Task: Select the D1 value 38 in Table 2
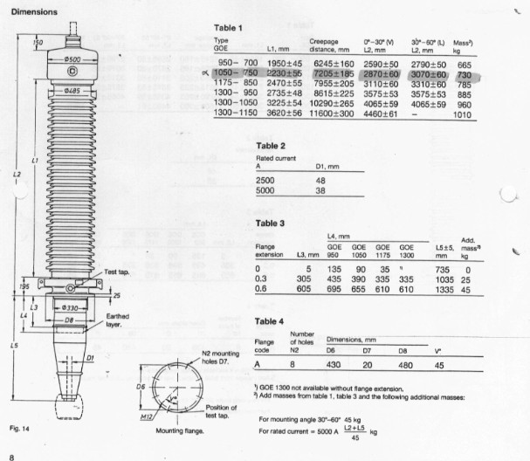pos(320,189)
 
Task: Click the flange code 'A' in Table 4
pos(258,367)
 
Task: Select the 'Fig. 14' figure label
pos(19,427)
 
